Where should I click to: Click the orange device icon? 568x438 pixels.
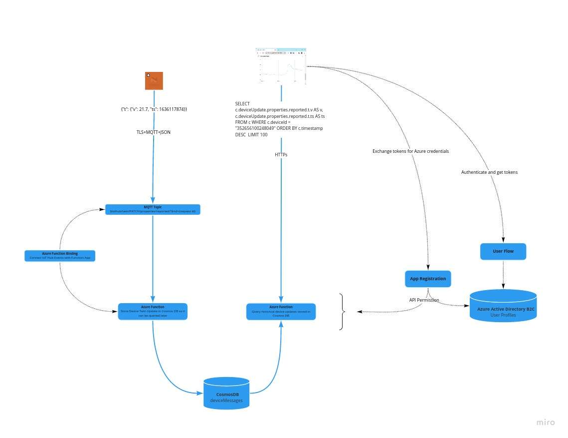coord(154,81)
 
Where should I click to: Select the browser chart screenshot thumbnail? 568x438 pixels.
coord(281,66)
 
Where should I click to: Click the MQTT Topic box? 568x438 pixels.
coord(153,209)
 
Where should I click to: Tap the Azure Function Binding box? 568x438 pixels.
coord(60,256)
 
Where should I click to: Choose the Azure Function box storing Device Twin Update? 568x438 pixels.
coord(153,311)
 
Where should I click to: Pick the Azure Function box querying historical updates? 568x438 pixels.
coord(281,311)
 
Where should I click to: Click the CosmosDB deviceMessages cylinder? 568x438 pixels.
coord(226,394)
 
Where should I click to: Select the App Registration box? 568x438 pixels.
coord(428,279)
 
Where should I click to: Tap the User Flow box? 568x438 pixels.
coord(503,251)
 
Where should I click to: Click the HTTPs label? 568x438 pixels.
coord(281,155)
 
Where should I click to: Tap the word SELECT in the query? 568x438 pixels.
coord(242,104)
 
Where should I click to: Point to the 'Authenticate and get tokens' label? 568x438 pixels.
coord(489,172)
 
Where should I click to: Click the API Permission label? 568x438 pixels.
coord(424,300)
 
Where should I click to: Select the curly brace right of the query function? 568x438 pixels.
coord(342,312)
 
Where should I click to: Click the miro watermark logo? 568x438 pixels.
coord(546,423)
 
